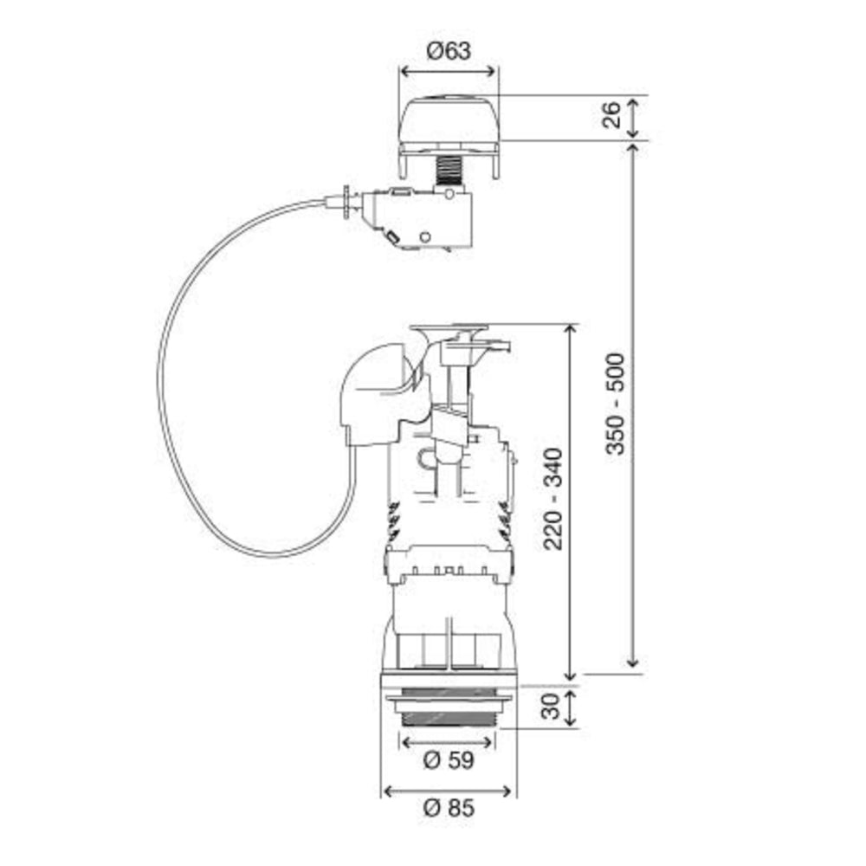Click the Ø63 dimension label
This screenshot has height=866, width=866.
click(449, 51)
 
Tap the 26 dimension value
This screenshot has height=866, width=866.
click(612, 115)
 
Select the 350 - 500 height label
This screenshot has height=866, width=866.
click(615, 404)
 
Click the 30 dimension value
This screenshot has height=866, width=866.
click(551, 706)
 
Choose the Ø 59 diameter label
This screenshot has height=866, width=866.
click(449, 760)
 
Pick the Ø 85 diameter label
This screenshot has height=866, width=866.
click(449, 808)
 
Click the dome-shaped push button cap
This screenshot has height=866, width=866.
click(449, 120)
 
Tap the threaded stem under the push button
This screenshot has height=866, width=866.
click(449, 170)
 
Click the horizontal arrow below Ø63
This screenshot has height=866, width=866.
click(449, 72)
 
